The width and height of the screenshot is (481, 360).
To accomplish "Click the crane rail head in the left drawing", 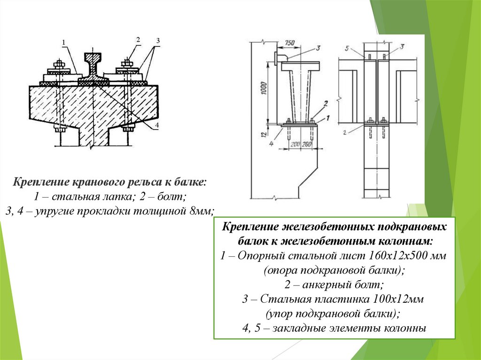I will pos(93,58).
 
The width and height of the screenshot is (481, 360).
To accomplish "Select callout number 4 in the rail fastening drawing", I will pos(157,125).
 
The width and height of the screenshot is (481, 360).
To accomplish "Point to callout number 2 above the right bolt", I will pos(139,40).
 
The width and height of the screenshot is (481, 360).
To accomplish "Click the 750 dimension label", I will pos(290,43).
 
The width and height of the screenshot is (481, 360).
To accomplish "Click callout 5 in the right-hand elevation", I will pos(347,48).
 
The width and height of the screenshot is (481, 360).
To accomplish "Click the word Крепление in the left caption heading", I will pos(39,181).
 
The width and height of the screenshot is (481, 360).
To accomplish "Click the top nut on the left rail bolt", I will pos(59,63).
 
